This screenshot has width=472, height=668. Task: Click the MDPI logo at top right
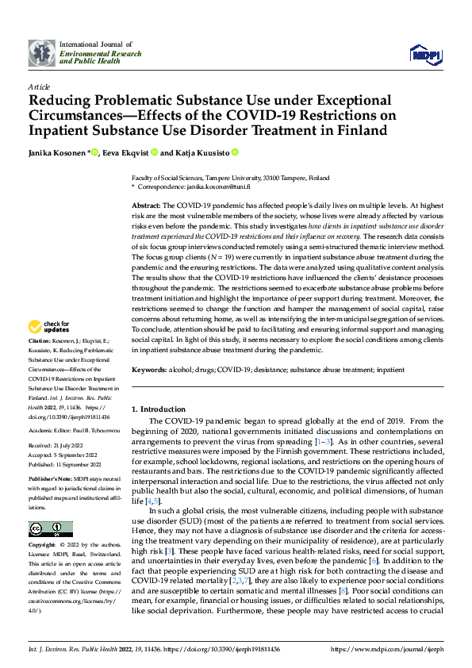pyautogui.click(x=424, y=53)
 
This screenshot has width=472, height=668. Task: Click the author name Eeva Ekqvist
pyautogui.click(x=125, y=153)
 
